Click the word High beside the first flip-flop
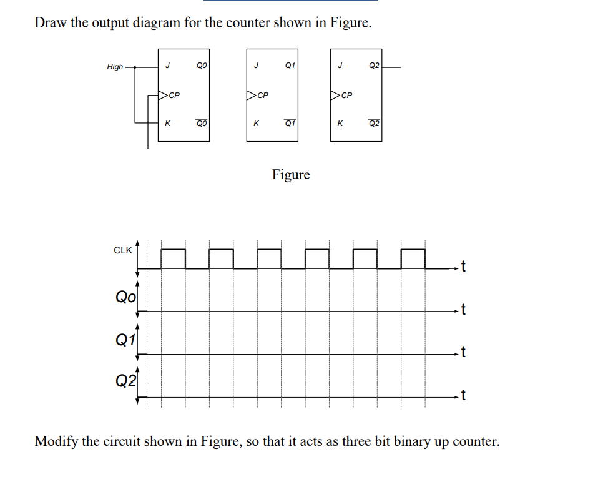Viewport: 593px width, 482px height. [x=115, y=67]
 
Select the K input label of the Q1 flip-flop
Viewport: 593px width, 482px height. [x=255, y=124]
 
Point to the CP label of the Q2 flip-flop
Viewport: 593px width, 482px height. [x=347, y=96]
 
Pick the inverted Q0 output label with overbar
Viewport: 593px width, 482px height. [x=201, y=124]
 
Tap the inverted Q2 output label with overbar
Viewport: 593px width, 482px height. [x=373, y=124]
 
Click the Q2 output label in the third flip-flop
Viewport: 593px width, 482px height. [x=373, y=64]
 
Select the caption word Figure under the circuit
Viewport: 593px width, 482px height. [x=291, y=174]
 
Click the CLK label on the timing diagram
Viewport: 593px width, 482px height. [x=122, y=250]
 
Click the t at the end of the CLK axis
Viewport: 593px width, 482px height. [x=463, y=268]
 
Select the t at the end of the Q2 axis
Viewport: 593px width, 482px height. [x=463, y=395]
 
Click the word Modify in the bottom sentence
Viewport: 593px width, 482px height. [x=56, y=441]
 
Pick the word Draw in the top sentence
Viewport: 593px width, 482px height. [x=50, y=23]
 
